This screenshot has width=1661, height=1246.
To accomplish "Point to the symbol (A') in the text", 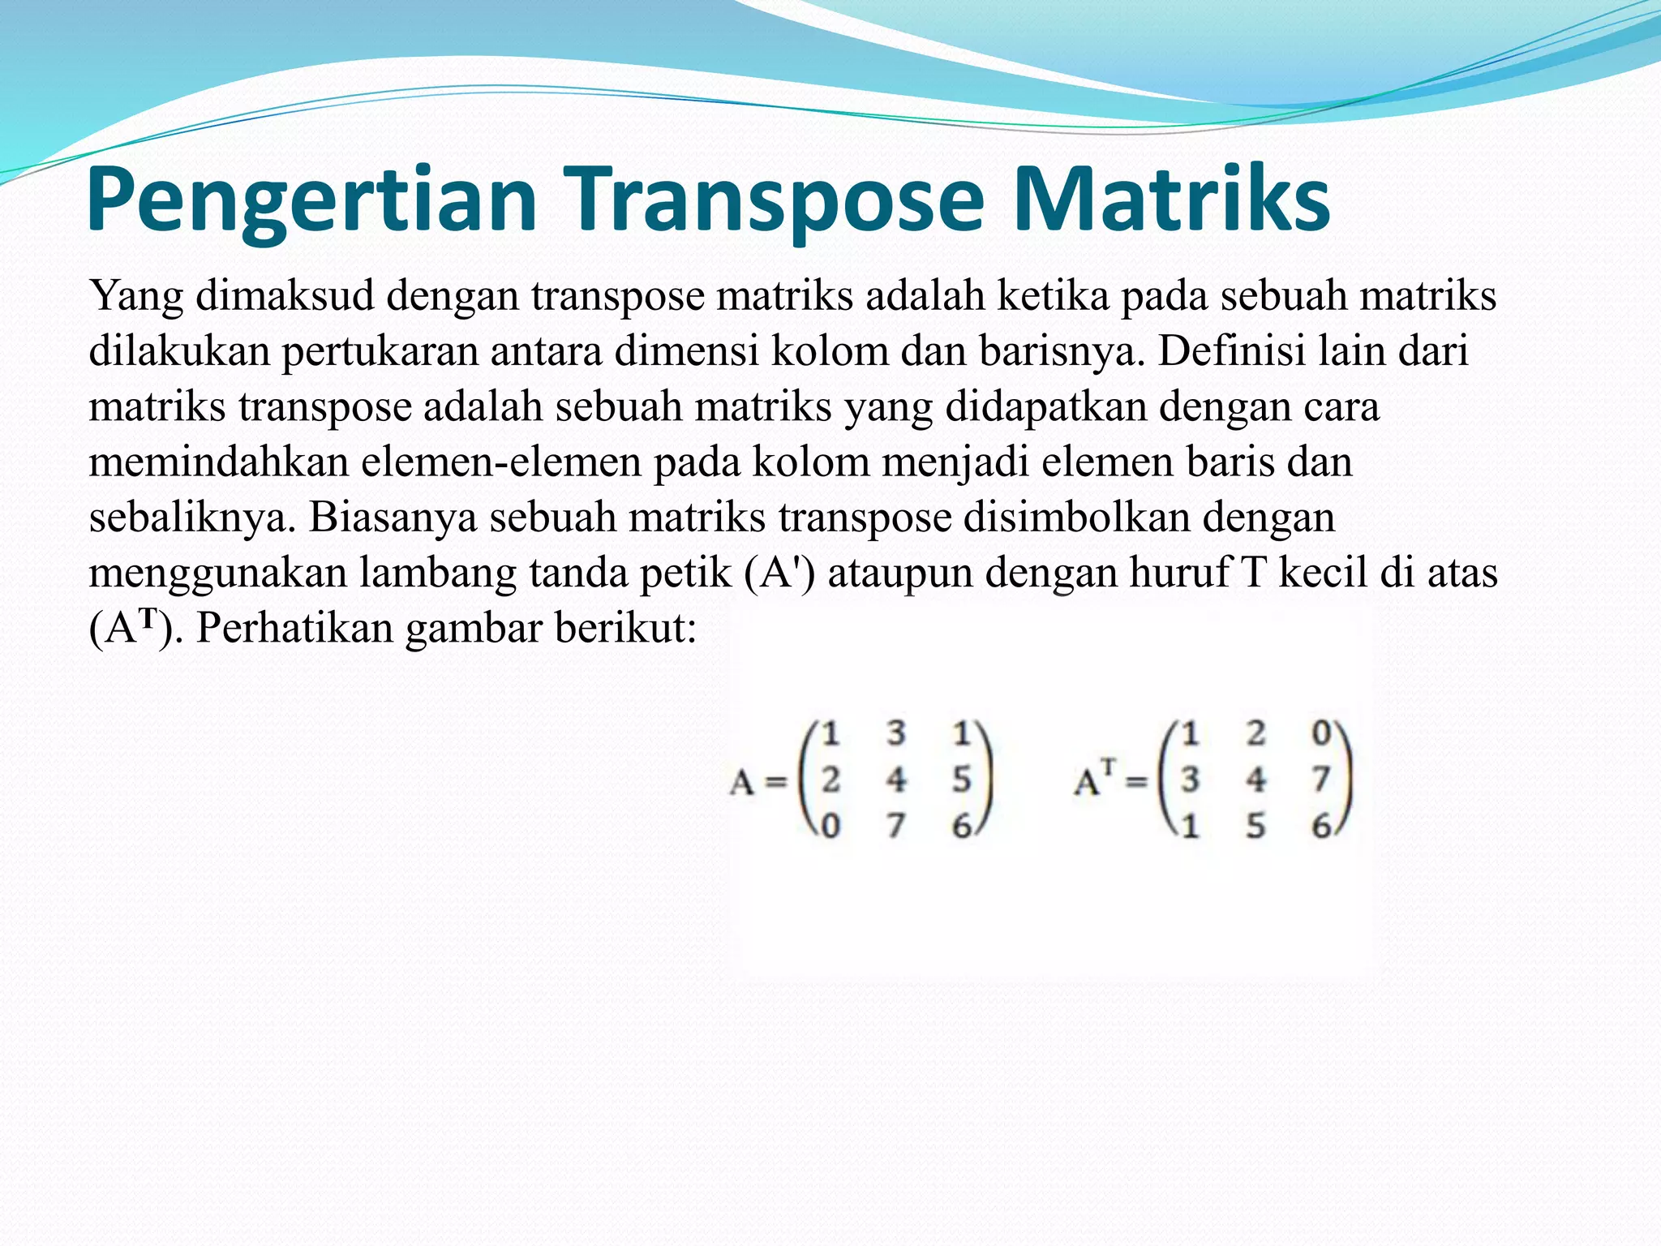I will tap(779, 573).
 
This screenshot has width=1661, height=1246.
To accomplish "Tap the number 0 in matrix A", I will tap(830, 827).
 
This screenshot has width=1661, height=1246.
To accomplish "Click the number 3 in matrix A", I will tap(895, 733).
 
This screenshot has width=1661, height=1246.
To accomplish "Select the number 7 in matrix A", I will tap(895, 827).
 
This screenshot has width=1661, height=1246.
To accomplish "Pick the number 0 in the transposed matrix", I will tap(1321, 733).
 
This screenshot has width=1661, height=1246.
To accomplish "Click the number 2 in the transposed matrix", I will tap(1255, 733).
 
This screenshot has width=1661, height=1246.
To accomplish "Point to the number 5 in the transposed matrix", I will tap(1255, 827).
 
